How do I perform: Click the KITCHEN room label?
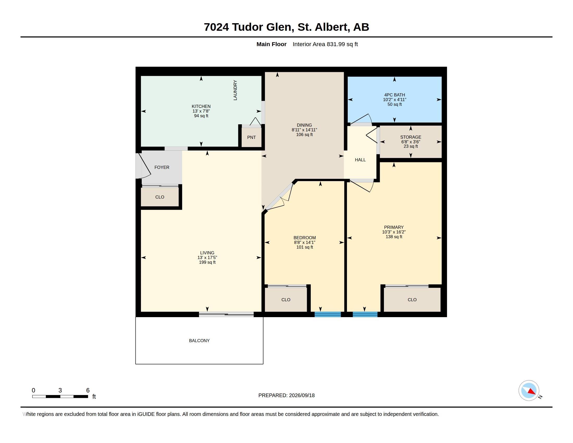point(201,106)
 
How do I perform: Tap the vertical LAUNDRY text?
point(235,90)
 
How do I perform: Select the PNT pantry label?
point(251,137)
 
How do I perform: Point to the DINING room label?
point(304,125)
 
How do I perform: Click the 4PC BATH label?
point(395,95)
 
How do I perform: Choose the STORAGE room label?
point(410,137)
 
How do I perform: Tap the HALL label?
point(360,160)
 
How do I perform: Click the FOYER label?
point(162,168)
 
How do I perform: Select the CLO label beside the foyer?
point(160,197)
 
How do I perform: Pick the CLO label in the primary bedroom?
point(412,300)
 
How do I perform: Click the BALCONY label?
point(200,341)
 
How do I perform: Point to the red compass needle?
point(531,391)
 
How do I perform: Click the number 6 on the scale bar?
point(88,390)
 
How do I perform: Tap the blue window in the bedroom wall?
point(328,315)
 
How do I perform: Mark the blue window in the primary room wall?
point(365,315)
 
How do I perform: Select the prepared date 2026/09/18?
point(302,396)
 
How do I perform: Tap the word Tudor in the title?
point(247,27)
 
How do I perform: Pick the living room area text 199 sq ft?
point(207,262)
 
